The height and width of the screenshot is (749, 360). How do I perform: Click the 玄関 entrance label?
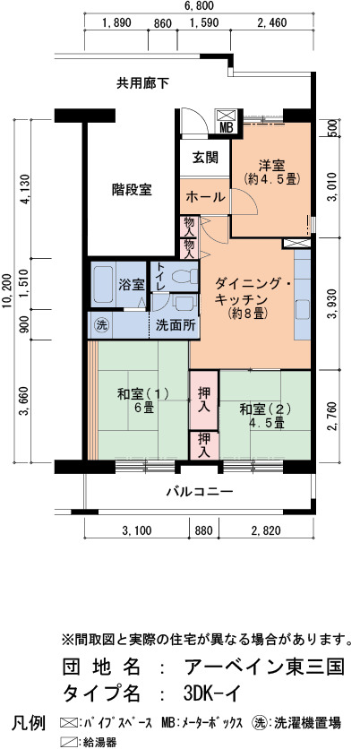coord(205,157)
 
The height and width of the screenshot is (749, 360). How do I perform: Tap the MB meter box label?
coord(226,128)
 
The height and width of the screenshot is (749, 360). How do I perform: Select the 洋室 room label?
coord(271,166)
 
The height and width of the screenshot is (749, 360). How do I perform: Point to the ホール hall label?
coord(205,196)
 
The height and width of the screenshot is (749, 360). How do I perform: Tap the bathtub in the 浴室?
coord(103,284)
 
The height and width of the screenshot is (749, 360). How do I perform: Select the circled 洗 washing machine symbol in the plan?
coord(100,325)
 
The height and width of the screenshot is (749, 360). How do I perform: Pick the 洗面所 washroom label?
coord(176,325)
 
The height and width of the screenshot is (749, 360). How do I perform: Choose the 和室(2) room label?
coord(265,409)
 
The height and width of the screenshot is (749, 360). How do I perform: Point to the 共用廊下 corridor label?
coord(142,83)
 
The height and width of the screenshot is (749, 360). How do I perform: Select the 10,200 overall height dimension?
coord(6,292)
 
